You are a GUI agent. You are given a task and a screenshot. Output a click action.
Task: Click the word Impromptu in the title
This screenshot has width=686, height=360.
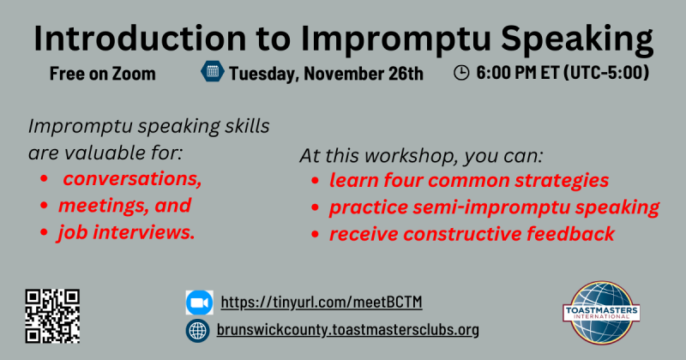coord(396,39)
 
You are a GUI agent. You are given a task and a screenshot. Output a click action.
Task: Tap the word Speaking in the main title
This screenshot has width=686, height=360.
coord(577,39)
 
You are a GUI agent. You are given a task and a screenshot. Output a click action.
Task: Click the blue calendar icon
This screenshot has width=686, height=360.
coord(213,71)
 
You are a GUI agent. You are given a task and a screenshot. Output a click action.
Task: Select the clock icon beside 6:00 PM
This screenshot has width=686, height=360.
coord(461,73)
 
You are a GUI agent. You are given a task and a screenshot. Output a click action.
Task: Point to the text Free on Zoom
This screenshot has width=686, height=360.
coord(102,74)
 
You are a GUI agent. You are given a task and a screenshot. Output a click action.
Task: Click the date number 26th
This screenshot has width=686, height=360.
coord(406,74)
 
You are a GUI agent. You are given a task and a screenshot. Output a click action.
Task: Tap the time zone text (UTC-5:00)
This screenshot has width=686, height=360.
coord(606,73)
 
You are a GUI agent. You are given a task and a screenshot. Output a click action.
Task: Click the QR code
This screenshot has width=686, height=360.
coord(52,316)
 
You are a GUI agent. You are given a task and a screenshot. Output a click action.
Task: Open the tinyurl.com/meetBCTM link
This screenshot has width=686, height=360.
coord(322,303)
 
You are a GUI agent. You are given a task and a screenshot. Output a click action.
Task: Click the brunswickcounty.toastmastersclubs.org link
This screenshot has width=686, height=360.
coord(348,329)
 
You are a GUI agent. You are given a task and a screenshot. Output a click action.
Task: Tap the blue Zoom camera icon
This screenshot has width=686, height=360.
coord(200,303)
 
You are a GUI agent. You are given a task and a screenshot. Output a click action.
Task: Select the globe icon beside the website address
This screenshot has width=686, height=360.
coord(198,330)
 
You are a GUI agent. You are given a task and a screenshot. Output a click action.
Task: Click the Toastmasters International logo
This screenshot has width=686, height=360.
coord(602,313)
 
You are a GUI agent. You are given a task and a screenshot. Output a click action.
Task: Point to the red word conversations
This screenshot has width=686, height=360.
coord(132,178)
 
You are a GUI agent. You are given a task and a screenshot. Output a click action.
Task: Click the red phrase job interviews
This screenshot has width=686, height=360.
coord(126,232)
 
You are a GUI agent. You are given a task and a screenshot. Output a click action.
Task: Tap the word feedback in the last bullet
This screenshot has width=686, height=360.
coord(570,234)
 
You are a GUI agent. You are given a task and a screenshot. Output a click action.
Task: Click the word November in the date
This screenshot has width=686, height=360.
coord(344,74)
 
